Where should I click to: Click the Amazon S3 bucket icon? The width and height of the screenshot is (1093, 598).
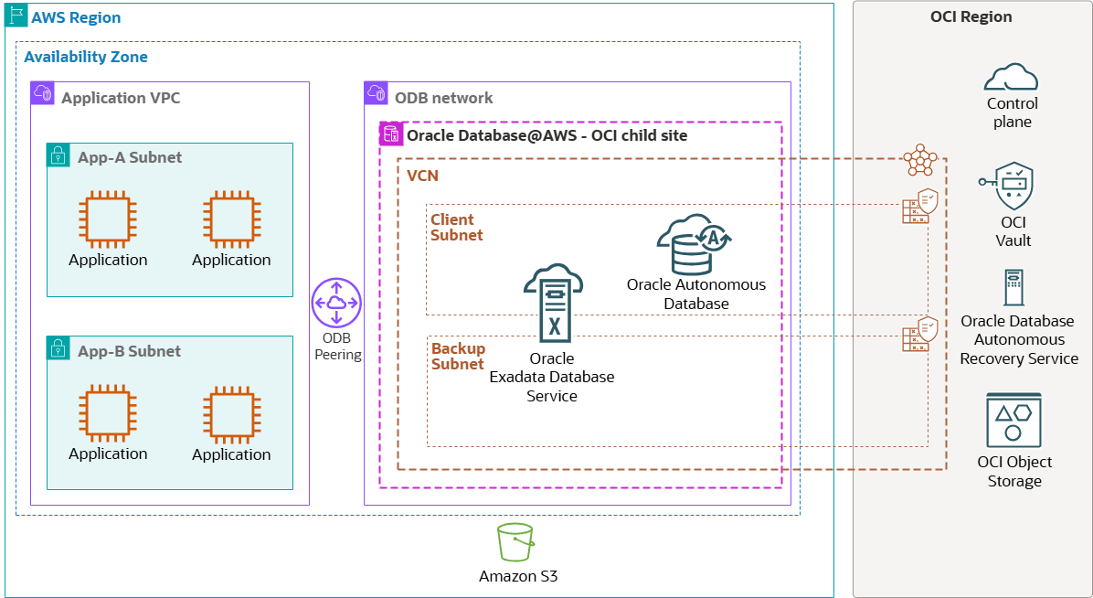(516, 542)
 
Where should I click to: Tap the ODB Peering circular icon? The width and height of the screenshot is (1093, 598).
(337, 303)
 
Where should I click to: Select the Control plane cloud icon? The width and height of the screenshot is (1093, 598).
(1011, 77)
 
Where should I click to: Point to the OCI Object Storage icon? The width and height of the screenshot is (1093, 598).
(1013, 420)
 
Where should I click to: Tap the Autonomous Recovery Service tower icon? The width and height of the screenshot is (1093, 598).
(1013, 287)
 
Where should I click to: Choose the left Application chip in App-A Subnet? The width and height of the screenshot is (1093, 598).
(107, 220)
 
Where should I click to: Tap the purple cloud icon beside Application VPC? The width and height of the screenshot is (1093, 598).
(42, 93)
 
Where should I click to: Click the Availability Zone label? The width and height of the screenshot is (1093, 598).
(86, 57)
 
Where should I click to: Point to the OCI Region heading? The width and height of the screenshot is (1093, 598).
(972, 16)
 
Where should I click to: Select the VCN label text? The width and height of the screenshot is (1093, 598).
(423, 176)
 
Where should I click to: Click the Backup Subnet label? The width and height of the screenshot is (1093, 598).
(458, 357)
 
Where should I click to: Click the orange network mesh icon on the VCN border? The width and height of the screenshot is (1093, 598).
(920, 160)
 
